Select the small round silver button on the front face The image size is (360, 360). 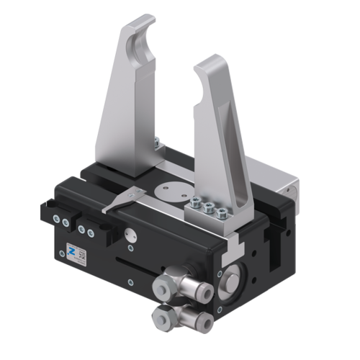click(x=132, y=233)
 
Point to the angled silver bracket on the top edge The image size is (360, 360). click(x=122, y=200)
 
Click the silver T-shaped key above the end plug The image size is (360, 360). click(x=231, y=251)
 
